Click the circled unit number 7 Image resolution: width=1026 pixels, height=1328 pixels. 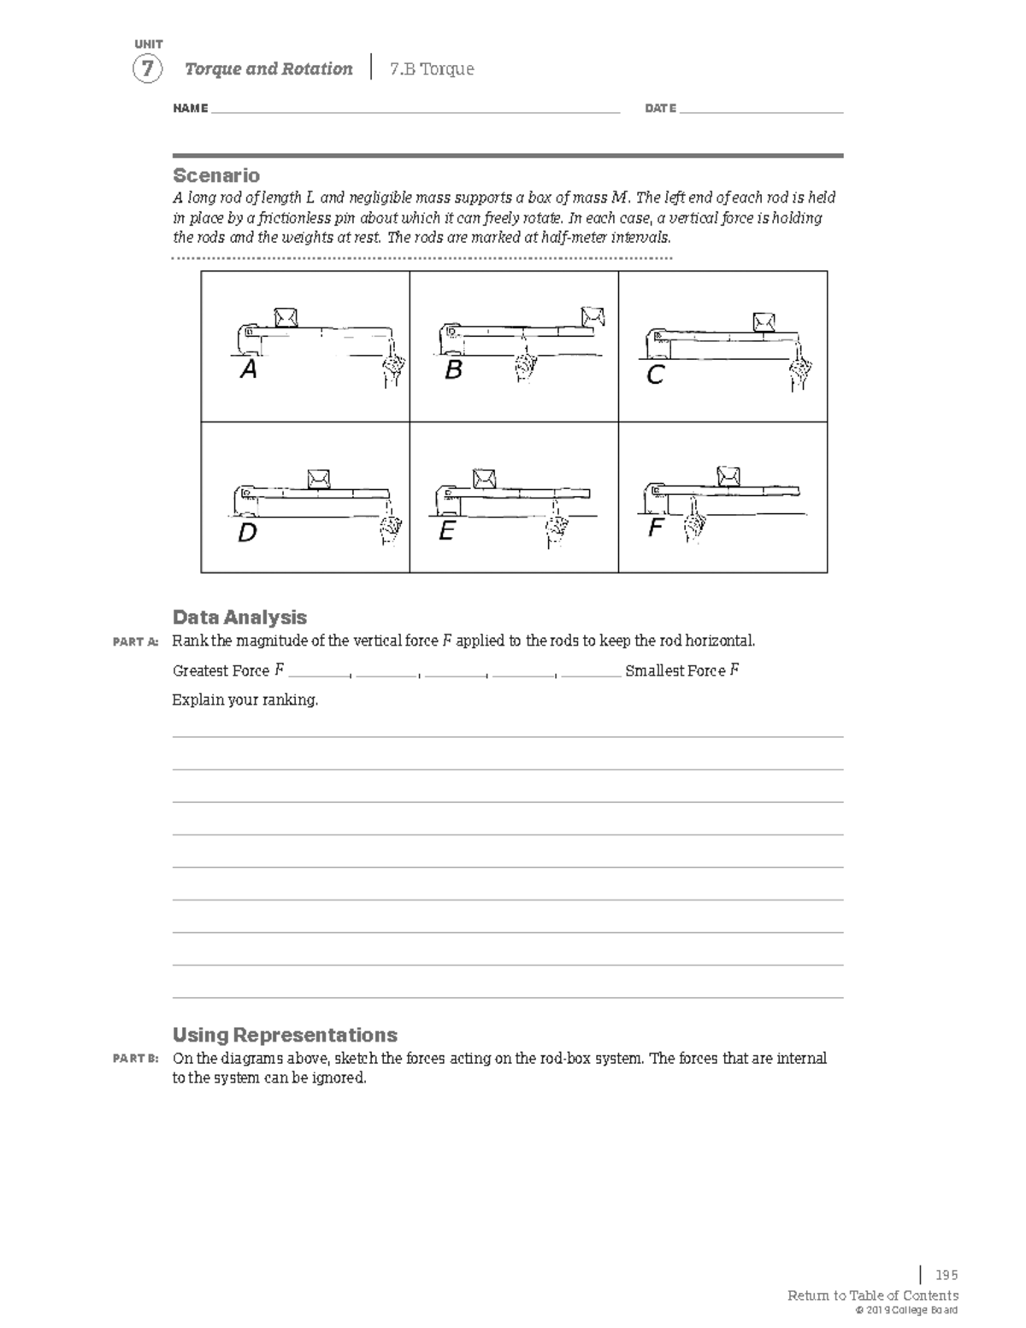(x=147, y=69)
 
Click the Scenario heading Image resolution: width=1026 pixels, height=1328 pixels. (x=216, y=175)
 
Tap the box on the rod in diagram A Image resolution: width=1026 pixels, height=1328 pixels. (x=286, y=316)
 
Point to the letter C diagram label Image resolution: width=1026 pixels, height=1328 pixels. (x=655, y=375)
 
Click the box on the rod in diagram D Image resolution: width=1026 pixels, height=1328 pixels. (x=319, y=478)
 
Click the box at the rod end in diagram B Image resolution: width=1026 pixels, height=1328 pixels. (x=593, y=315)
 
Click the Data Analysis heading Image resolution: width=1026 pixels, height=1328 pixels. (x=239, y=617)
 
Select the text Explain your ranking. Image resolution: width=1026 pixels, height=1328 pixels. (x=245, y=700)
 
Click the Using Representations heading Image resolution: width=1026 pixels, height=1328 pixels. (x=285, y=1035)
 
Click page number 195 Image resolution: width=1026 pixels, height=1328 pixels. (x=946, y=1275)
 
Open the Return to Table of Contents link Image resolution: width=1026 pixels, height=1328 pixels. (x=873, y=1296)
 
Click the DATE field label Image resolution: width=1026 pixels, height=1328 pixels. (x=660, y=109)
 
